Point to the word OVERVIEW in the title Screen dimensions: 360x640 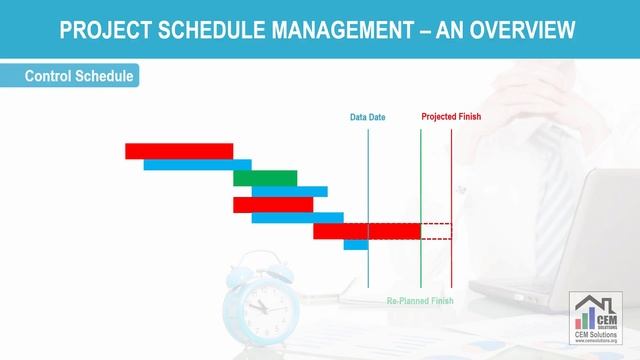click(524, 30)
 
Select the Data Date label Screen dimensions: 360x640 click(367, 117)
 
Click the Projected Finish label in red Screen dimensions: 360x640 click(451, 117)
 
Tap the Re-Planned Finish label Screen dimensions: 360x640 click(420, 301)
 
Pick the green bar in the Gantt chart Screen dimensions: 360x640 click(265, 178)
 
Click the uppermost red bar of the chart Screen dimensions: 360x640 click(179, 151)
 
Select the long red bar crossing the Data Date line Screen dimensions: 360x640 click(366, 231)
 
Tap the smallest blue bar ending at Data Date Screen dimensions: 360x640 click(356, 244)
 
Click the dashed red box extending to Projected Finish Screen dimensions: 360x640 click(436, 231)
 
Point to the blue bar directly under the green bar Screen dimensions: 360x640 click(289, 191)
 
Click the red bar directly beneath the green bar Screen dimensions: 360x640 click(272, 205)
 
